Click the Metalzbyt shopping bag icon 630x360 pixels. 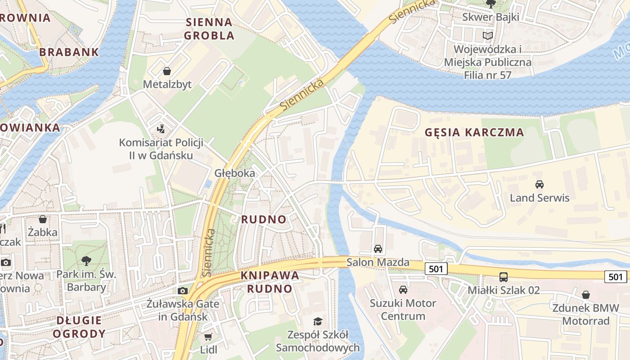point(167,71)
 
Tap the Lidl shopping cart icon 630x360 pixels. point(208,337)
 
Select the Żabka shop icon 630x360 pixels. point(43,219)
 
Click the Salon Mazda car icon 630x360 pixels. point(378,249)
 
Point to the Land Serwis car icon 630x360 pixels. point(539,184)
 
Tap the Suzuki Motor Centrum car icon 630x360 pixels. point(403,289)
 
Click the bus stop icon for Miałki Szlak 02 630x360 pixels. point(504,277)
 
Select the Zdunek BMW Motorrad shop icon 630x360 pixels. point(585,295)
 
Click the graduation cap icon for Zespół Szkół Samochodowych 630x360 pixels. point(318,321)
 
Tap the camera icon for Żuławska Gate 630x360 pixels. point(182,291)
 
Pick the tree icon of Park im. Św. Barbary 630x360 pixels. point(86,260)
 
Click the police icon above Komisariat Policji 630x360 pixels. point(161,130)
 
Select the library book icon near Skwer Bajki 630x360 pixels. point(487,35)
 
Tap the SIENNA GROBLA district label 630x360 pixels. point(209,28)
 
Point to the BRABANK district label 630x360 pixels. point(69,52)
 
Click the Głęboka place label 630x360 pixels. point(234,173)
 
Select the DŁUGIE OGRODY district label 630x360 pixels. point(79,327)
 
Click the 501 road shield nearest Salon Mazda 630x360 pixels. point(436,269)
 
